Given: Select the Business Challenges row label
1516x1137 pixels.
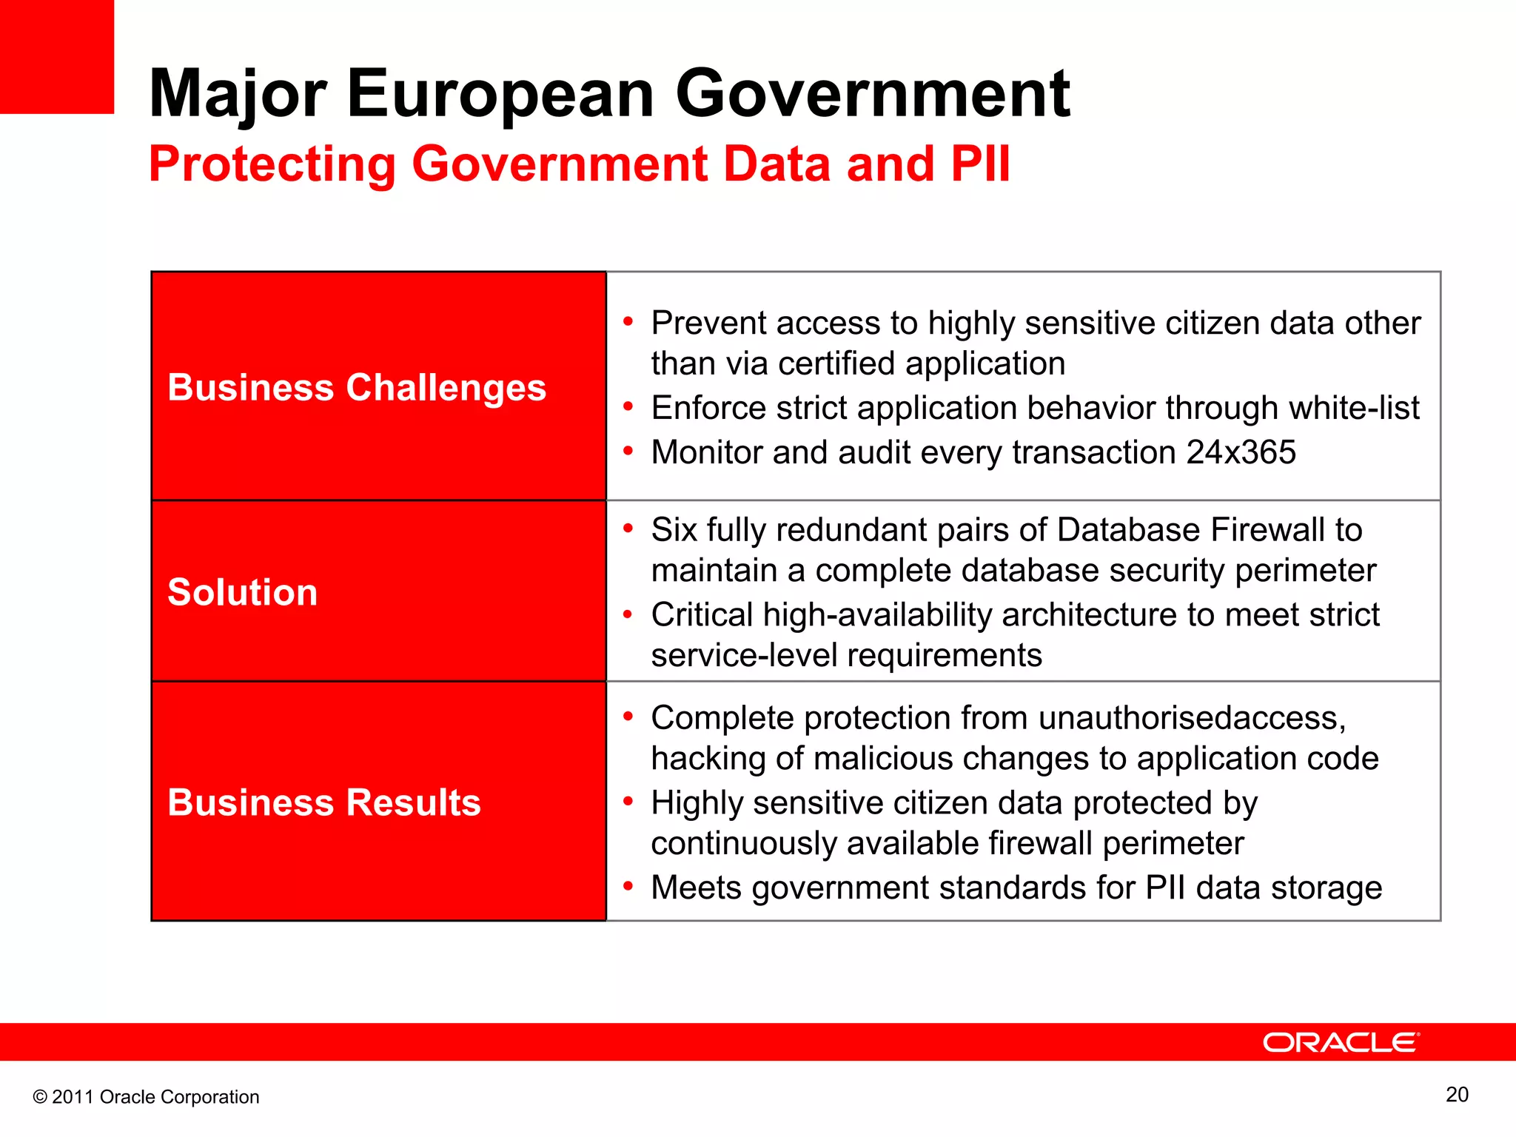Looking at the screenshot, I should [357, 387].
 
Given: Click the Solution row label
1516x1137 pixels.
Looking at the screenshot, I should [243, 592].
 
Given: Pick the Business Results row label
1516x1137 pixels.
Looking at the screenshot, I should [324, 802].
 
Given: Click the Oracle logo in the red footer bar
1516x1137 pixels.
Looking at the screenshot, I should [1341, 1042].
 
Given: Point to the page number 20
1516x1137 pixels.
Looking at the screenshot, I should [1457, 1095].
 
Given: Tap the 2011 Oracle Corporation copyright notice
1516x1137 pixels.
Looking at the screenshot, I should [146, 1097].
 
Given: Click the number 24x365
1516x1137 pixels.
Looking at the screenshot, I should [1241, 452].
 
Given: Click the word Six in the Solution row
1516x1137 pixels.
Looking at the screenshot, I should [674, 530].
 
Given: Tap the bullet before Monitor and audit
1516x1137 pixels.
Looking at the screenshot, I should [628, 451].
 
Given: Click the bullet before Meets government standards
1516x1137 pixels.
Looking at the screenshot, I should [628, 886].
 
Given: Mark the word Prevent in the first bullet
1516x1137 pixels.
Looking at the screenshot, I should [708, 323].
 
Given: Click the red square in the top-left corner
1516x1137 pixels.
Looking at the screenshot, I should [57, 57].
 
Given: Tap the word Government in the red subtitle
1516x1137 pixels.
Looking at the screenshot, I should [560, 164].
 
